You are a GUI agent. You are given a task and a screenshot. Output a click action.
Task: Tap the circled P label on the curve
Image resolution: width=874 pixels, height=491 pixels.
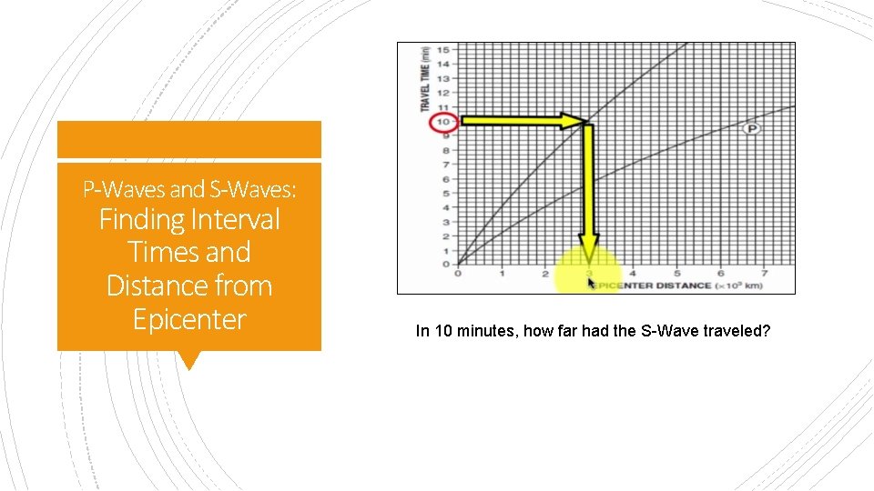(753, 129)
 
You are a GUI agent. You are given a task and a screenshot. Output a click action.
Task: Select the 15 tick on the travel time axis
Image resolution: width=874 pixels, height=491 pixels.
(443, 49)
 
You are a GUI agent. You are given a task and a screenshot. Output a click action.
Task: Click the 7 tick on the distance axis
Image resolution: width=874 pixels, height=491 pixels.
(764, 273)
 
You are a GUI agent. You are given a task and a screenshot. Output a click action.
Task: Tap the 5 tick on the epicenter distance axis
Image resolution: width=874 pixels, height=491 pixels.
(676, 273)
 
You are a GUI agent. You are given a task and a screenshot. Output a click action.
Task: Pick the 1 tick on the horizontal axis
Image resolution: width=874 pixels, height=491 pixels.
(502, 273)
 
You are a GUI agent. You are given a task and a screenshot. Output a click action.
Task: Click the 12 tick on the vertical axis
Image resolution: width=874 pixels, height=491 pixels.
(443, 92)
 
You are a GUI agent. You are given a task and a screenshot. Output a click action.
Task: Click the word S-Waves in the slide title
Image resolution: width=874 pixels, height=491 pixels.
(264, 189)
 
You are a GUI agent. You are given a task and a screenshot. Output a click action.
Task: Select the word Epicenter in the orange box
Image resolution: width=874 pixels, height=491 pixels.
(189, 319)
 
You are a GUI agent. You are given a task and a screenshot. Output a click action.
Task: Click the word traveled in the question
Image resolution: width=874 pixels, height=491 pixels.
(740, 331)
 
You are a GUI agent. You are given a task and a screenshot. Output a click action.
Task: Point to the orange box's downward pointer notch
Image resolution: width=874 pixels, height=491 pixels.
(189, 361)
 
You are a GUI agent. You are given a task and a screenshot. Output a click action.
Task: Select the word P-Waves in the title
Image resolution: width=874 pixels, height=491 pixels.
(124, 189)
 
